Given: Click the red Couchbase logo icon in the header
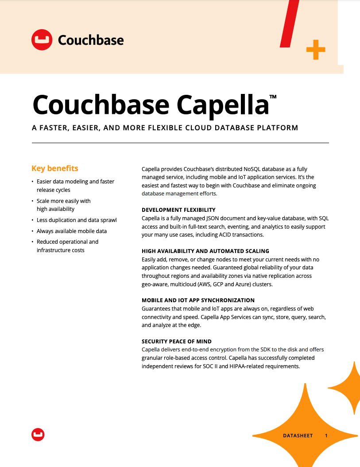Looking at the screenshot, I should tap(42, 40).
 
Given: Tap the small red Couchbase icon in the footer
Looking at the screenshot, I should tap(38, 435).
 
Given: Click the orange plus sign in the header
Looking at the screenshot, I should tap(316, 50).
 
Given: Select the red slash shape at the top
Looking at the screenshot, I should tap(290, 23).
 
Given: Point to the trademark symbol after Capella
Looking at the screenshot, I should tap(273, 96).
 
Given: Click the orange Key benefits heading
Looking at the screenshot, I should tap(55, 168).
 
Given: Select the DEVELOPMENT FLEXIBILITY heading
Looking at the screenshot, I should tap(178, 210).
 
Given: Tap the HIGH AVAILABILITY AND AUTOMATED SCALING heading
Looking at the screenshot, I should tap(205, 251).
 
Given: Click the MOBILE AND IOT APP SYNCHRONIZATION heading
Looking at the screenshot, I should tap(198, 300).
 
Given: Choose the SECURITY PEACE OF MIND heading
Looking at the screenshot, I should tap(177, 341).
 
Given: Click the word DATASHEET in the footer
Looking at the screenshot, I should tap(298, 436).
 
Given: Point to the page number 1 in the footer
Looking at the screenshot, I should tap(326, 436).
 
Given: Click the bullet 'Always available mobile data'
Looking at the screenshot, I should tap(72, 231).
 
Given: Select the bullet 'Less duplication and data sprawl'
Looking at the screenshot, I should tap(77, 220).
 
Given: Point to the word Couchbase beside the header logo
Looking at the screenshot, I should tap(91, 40).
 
